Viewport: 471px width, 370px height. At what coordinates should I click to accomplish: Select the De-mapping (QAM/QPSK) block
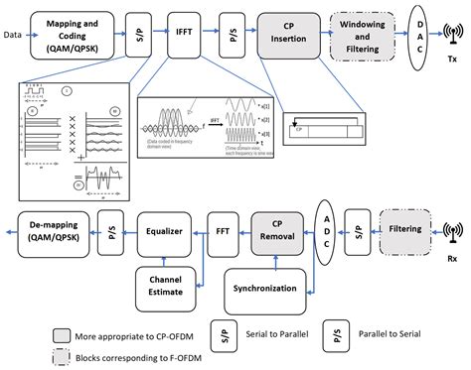(x=55, y=229)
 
